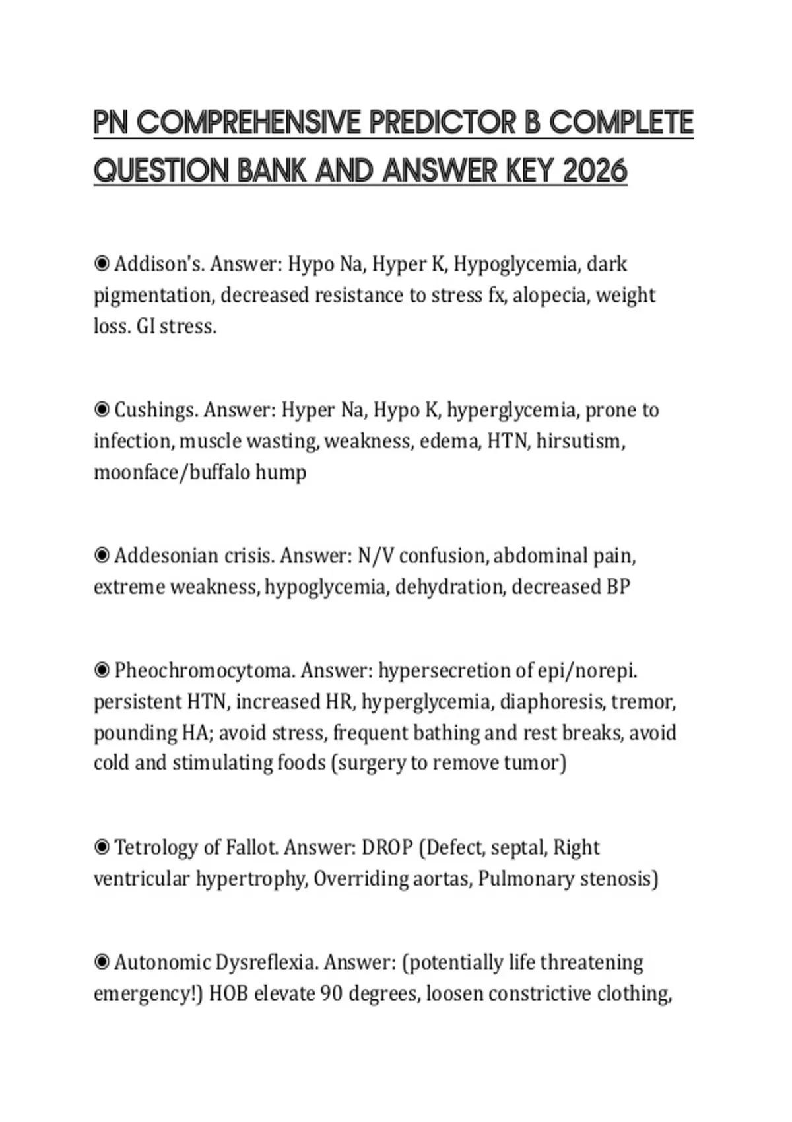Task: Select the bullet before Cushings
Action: [102, 410]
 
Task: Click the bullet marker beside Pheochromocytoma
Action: [102, 671]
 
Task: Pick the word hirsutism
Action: [579, 441]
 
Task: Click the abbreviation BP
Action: [618, 587]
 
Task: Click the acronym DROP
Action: [387, 847]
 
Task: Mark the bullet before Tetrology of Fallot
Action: [102, 847]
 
